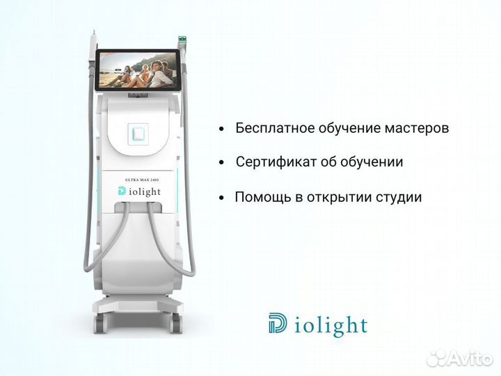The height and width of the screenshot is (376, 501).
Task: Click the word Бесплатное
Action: (272, 129)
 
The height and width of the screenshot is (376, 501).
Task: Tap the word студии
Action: (398, 197)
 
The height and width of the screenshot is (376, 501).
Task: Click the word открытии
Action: (335, 197)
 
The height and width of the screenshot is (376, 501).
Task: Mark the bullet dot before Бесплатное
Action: (221, 130)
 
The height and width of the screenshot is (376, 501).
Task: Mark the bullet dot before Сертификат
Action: (221, 163)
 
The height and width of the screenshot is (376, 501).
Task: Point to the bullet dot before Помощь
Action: (221, 198)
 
